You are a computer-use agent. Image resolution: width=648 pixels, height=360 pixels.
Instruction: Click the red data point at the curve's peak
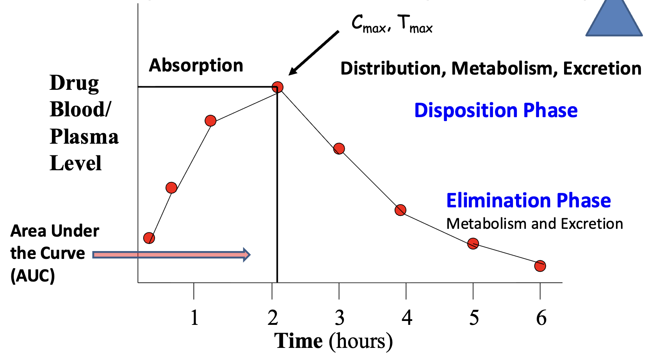pyautogui.click(x=277, y=87)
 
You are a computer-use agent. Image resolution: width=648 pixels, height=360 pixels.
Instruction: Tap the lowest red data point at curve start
pyautogui.click(x=149, y=238)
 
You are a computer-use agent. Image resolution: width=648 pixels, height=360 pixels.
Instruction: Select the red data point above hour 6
pyautogui.click(x=540, y=266)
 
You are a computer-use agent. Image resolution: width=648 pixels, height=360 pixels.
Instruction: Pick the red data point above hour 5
pyautogui.click(x=473, y=244)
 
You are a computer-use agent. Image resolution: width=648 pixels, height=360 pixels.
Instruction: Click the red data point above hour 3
pyautogui.click(x=339, y=149)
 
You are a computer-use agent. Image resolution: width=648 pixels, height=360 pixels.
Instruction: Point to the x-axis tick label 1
pyautogui.click(x=194, y=318)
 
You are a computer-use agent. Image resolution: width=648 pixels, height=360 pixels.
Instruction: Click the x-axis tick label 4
pyautogui.click(x=407, y=318)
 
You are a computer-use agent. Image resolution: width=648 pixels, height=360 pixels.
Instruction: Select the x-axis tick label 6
pyautogui.click(x=541, y=318)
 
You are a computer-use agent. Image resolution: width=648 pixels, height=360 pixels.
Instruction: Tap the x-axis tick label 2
pyautogui.click(x=273, y=318)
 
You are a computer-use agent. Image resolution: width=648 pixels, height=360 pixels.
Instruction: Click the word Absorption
pyautogui.click(x=196, y=65)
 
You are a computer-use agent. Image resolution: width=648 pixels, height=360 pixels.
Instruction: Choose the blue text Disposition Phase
pyautogui.click(x=496, y=110)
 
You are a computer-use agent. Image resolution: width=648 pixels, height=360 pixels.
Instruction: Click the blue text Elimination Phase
pyautogui.click(x=528, y=201)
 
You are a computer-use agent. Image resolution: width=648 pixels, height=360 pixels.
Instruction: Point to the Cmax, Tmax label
pyautogui.click(x=392, y=24)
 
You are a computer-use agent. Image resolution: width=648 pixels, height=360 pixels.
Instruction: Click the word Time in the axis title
pyautogui.click(x=299, y=341)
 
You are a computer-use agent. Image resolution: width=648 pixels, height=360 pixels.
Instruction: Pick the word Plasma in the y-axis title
pyautogui.click(x=84, y=137)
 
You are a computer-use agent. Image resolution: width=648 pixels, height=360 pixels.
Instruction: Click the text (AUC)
pyautogui.click(x=32, y=276)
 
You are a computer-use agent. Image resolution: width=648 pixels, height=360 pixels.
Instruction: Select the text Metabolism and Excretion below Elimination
pyautogui.click(x=534, y=224)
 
